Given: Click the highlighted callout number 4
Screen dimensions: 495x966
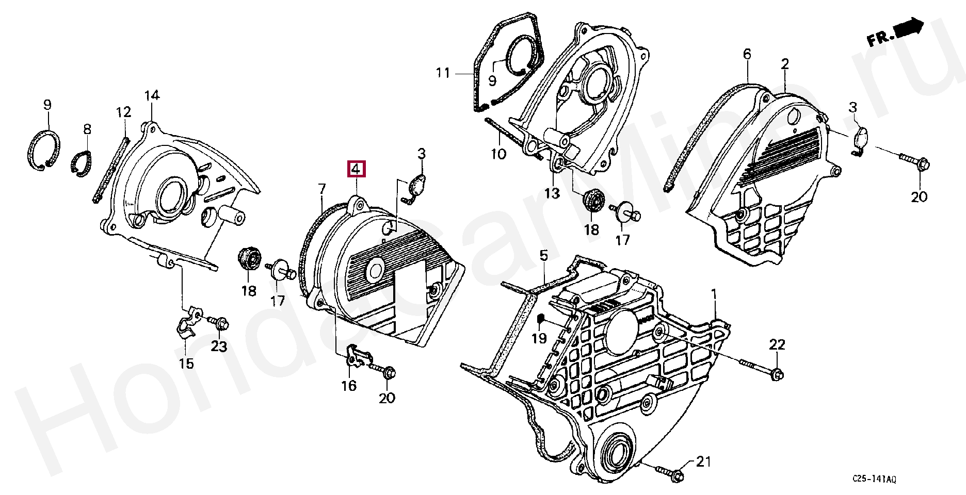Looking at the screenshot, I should (x=357, y=169).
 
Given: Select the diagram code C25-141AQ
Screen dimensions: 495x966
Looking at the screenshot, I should (x=874, y=479).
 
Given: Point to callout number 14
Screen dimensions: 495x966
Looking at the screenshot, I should (x=152, y=95).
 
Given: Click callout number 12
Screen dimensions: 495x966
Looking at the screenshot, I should (x=124, y=112).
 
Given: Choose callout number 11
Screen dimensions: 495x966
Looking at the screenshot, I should (x=443, y=73).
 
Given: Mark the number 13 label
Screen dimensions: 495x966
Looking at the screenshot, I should (x=552, y=193).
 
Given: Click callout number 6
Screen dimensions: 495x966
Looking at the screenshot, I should (x=747, y=54).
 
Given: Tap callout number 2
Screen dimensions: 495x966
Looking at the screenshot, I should (x=785, y=64).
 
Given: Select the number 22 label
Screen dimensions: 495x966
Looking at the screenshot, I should (x=777, y=344).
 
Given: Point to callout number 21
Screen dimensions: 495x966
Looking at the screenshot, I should (x=703, y=462).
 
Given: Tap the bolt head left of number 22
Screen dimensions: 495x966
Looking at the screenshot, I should (x=777, y=373).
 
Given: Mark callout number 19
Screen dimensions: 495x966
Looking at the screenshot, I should (x=539, y=338).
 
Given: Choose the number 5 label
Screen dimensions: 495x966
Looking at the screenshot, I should (x=543, y=255).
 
